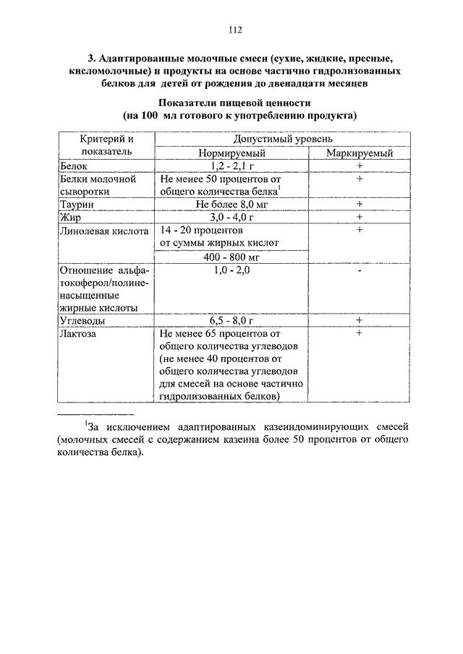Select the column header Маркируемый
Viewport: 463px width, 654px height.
click(360, 153)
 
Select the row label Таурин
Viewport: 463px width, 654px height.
click(78, 205)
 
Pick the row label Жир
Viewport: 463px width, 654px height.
click(71, 217)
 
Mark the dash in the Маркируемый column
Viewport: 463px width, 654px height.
click(359, 270)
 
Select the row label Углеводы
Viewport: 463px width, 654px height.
click(82, 320)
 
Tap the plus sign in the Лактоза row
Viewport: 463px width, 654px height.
click(359, 333)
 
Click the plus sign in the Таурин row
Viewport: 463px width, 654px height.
click(359, 205)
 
